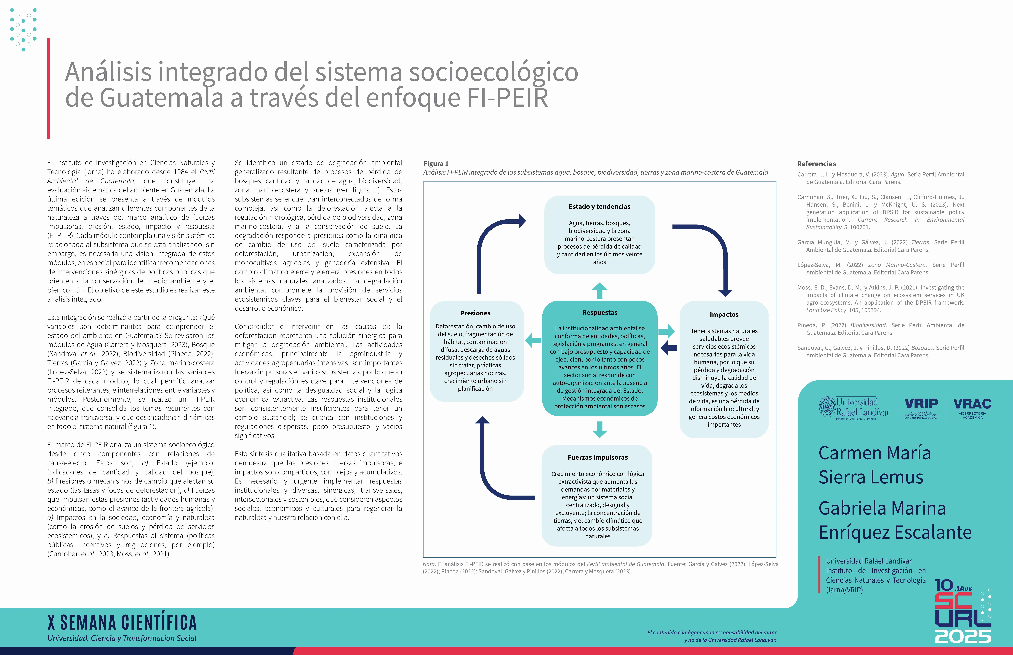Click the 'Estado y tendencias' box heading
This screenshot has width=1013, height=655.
pos(600,207)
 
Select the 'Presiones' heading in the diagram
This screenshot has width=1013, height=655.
pos(475,313)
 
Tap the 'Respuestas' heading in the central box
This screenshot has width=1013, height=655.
pos(600,313)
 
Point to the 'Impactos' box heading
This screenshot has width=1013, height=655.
pos(724,315)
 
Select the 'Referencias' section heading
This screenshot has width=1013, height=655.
pos(816,164)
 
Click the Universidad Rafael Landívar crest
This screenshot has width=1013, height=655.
pos(827,407)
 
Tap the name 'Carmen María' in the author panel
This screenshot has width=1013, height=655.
pos(875,453)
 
